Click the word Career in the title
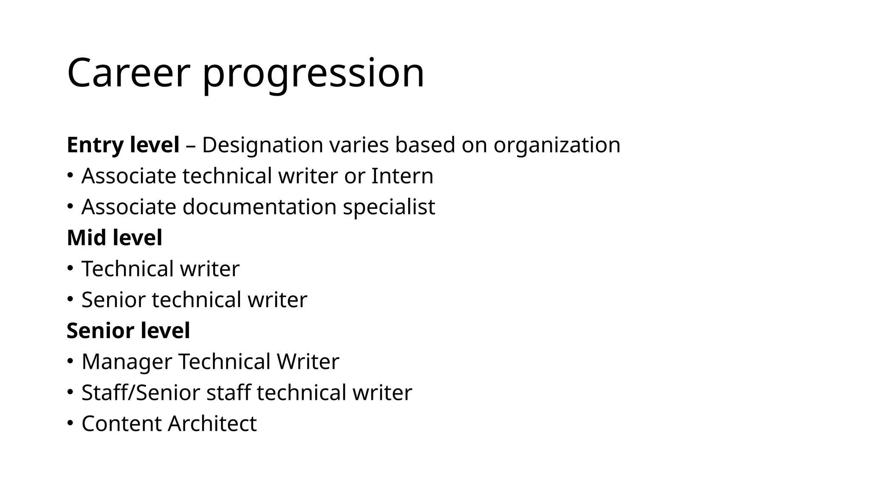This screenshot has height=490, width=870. pos(127,73)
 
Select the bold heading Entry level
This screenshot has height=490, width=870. pos(123,145)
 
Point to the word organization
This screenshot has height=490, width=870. pos(556,145)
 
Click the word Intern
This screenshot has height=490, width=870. pos(402,176)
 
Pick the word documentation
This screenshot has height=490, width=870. pos(259,207)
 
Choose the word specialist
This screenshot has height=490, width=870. pos(389,207)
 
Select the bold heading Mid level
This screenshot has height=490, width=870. pos(115,238)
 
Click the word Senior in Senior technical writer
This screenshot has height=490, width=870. pos(113,300)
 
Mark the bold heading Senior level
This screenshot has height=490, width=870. pos(128,331)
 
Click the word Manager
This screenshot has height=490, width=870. pos(127,362)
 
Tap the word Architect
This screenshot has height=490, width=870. pos(212,424)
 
